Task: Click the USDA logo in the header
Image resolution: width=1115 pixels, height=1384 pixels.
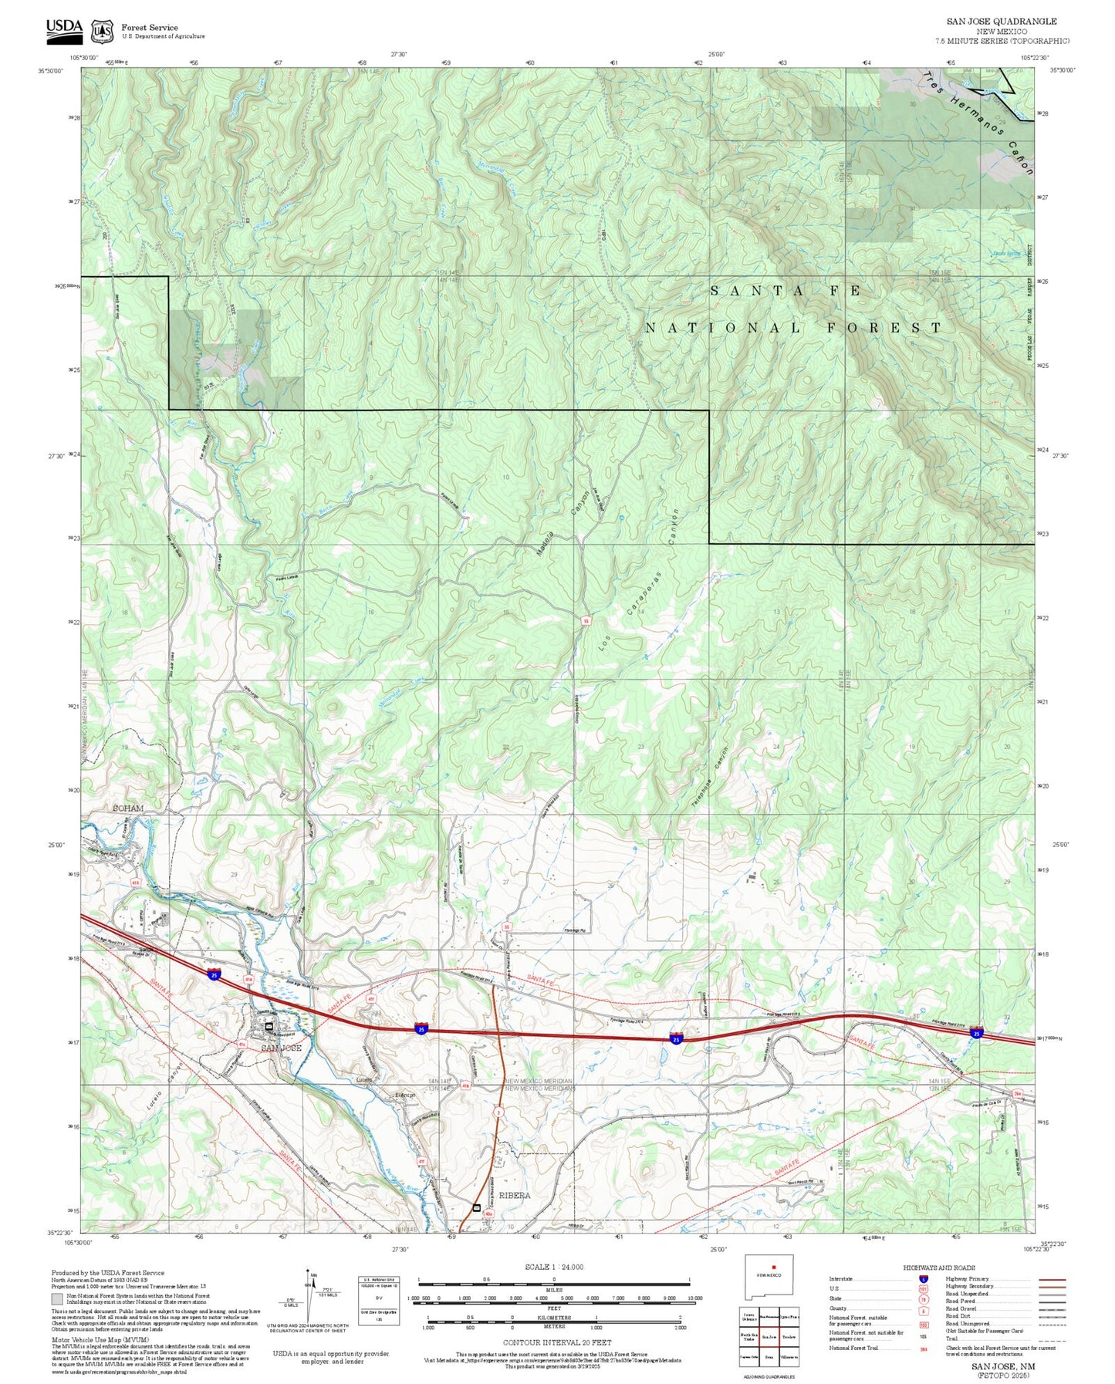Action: [x=64, y=29]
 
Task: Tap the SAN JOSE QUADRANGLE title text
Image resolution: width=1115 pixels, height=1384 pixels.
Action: [x=1002, y=22]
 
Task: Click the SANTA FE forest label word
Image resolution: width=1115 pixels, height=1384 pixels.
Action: [x=785, y=291]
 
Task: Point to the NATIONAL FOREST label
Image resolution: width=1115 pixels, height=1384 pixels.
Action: [x=793, y=328]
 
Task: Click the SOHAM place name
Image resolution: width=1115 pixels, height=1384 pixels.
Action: [x=128, y=808]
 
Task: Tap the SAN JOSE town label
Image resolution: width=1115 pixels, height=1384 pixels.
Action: [x=281, y=1048]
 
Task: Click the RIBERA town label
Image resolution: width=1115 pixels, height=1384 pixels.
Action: [x=515, y=1195]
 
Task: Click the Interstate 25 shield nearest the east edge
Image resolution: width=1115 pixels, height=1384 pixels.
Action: [x=977, y=1033]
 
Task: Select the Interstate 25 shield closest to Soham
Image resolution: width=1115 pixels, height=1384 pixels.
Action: [x=213, y=974]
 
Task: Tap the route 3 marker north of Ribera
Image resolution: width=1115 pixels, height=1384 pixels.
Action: [x=499, y=1112]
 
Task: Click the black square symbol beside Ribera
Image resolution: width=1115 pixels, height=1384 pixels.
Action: [x=476, y=1207]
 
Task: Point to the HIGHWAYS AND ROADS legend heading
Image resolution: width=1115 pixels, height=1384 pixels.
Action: [x=939, y=1268]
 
